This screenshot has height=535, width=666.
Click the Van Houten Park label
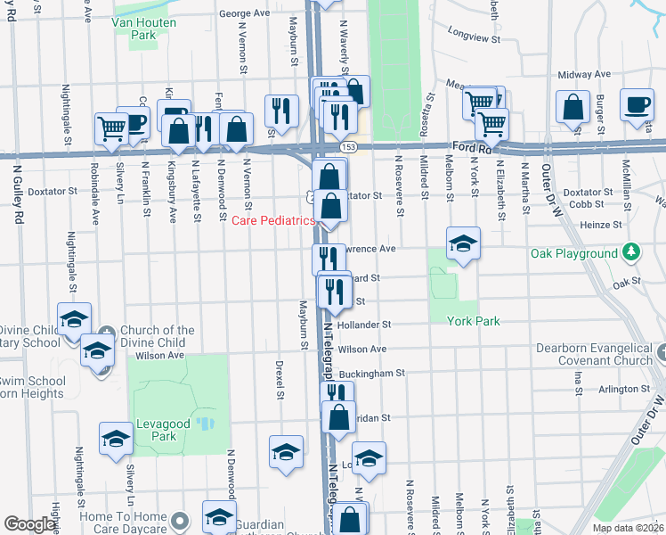[134, 27]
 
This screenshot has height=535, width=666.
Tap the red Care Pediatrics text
[274, 220]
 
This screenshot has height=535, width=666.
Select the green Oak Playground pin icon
[631, 253]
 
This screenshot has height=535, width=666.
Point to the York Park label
[473, 321]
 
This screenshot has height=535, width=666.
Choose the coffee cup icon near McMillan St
[637, 105]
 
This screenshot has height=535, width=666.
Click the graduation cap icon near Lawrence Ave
[463, 243]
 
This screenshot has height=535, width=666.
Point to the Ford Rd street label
[472, 146]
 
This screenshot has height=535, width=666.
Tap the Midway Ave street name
[584, 75]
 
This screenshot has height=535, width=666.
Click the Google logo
[29, 524]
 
